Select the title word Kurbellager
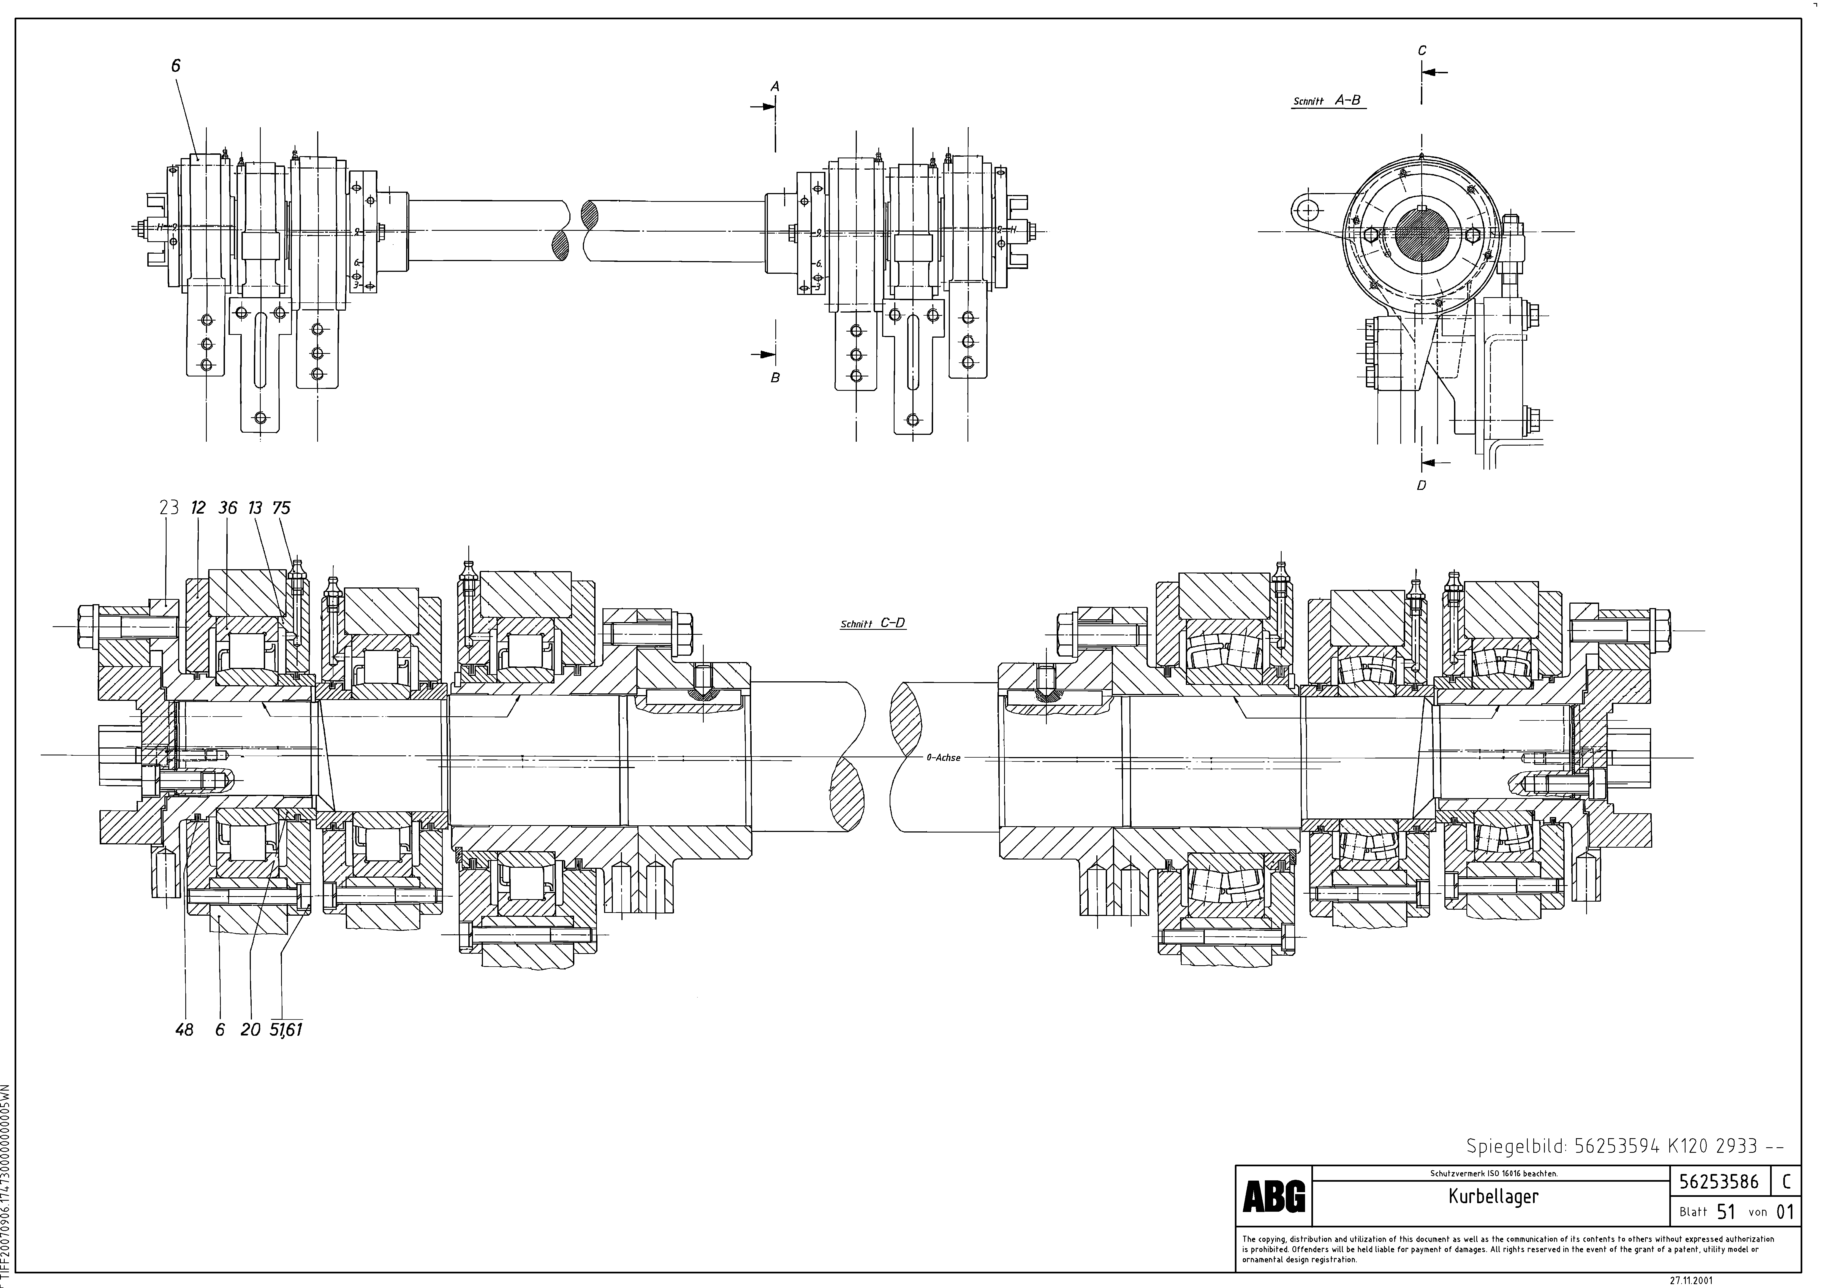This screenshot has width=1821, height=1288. [1493, 1197]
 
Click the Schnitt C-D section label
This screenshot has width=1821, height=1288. [873, 623]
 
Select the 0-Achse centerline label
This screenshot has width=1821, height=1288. [943, 757]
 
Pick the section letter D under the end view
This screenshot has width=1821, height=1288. [1421, 486]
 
